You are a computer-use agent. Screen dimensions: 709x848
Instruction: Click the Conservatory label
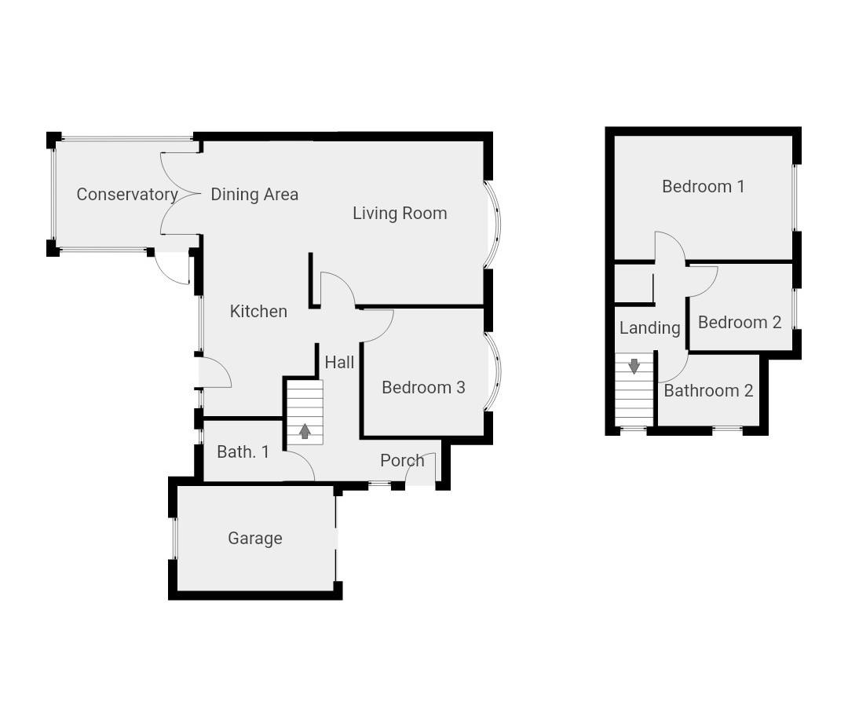[126, 194]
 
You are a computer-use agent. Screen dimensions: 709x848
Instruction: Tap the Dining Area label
[254, 194]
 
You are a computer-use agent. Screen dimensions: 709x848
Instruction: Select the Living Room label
[400, 213]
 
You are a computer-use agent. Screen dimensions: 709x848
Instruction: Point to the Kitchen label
[258, 311]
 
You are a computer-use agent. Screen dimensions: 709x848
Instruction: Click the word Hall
[339, 362]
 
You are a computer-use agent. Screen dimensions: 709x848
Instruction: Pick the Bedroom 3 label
[423, 387]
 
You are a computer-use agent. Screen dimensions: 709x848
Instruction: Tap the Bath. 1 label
[243, 451]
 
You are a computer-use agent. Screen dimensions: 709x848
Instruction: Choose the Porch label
[402, 460]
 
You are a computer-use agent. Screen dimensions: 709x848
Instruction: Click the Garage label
[255, 538]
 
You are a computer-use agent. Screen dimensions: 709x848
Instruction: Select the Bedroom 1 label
[704, 186]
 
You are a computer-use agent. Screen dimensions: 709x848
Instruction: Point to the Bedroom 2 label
[740, 322]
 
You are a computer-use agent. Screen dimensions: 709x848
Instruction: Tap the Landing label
[649, 327]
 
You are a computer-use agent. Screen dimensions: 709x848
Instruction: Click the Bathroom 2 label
[708, 390]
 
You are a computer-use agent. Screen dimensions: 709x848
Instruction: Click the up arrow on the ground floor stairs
[305, 431]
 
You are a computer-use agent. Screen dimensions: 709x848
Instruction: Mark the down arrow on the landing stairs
[634, 365]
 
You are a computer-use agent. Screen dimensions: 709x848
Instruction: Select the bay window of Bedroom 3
[493, 372]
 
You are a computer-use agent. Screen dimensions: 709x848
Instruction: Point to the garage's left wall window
[174, 538]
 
